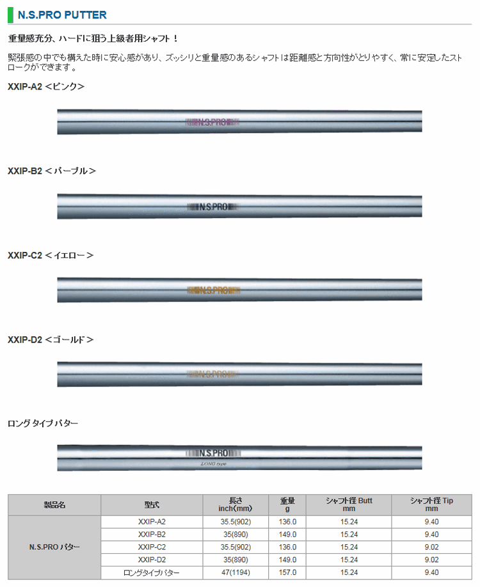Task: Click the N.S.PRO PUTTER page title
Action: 62,15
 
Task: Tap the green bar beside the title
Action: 10,15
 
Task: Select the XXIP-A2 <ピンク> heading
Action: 46,86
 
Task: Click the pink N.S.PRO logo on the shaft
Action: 212,122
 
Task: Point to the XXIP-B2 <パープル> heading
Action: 52,171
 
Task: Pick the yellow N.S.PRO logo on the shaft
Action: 214,290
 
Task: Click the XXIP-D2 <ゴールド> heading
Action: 51,340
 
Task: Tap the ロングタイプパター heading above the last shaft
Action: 43,423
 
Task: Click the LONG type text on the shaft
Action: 213,464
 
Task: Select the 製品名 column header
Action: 54,505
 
